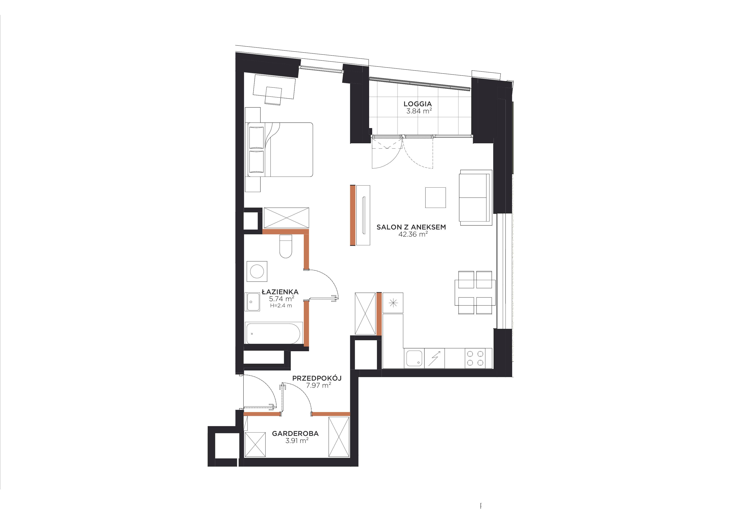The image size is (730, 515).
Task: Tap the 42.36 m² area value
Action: (x=413, y=235)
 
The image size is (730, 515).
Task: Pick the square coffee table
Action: (x=435, y=197)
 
